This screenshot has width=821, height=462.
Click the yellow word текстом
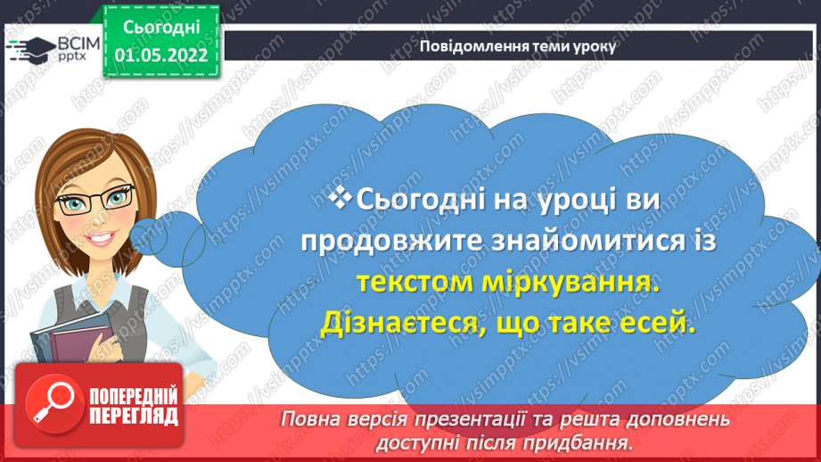coord(415,283)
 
